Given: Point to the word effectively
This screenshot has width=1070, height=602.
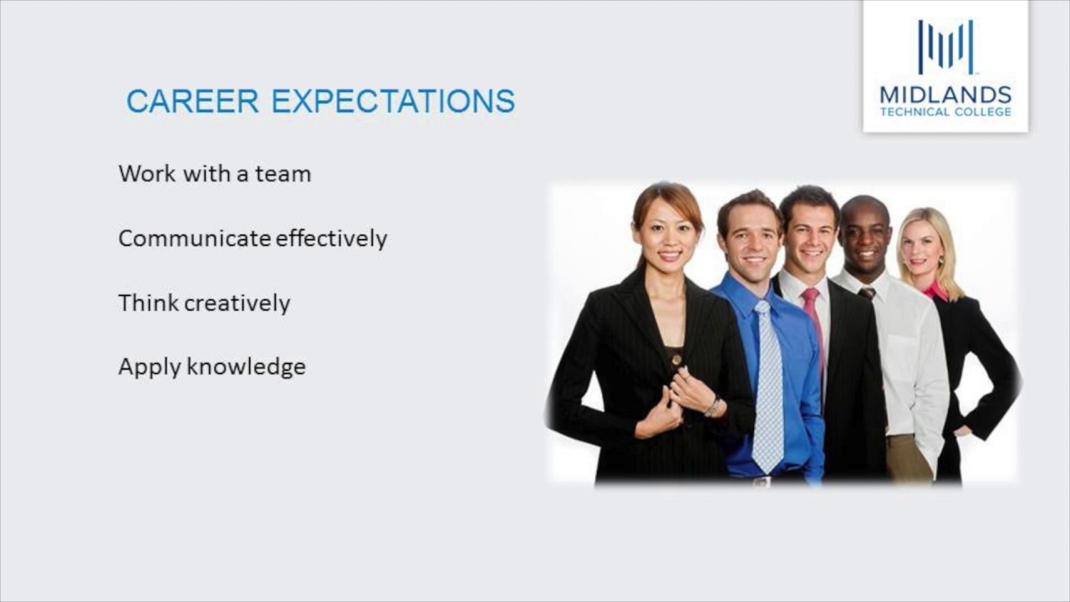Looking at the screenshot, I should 331,238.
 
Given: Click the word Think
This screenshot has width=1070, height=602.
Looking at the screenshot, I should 147,303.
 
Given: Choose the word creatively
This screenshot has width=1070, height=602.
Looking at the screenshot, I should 237,304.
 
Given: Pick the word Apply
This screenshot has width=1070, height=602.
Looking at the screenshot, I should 149,367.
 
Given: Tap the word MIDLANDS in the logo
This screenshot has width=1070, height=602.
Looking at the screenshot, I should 945,94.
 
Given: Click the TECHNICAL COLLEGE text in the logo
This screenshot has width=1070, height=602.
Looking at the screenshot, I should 945,112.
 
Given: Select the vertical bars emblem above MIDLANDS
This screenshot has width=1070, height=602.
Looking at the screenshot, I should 945,48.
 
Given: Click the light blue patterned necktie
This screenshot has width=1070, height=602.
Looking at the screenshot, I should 767,385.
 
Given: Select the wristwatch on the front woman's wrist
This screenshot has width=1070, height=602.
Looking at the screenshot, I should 712,406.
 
